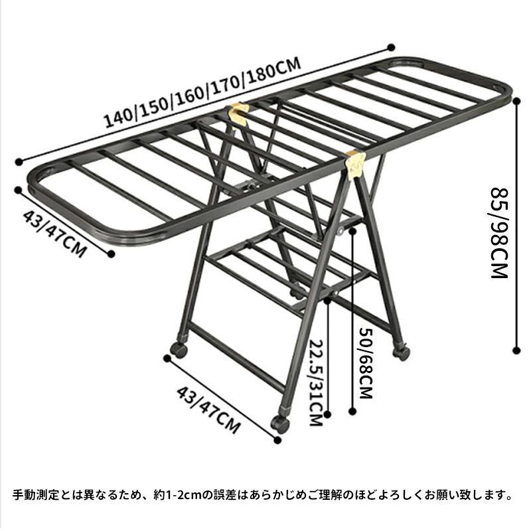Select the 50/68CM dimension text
[366, 362]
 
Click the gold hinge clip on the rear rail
[239, 114]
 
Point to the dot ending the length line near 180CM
[391, 48]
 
